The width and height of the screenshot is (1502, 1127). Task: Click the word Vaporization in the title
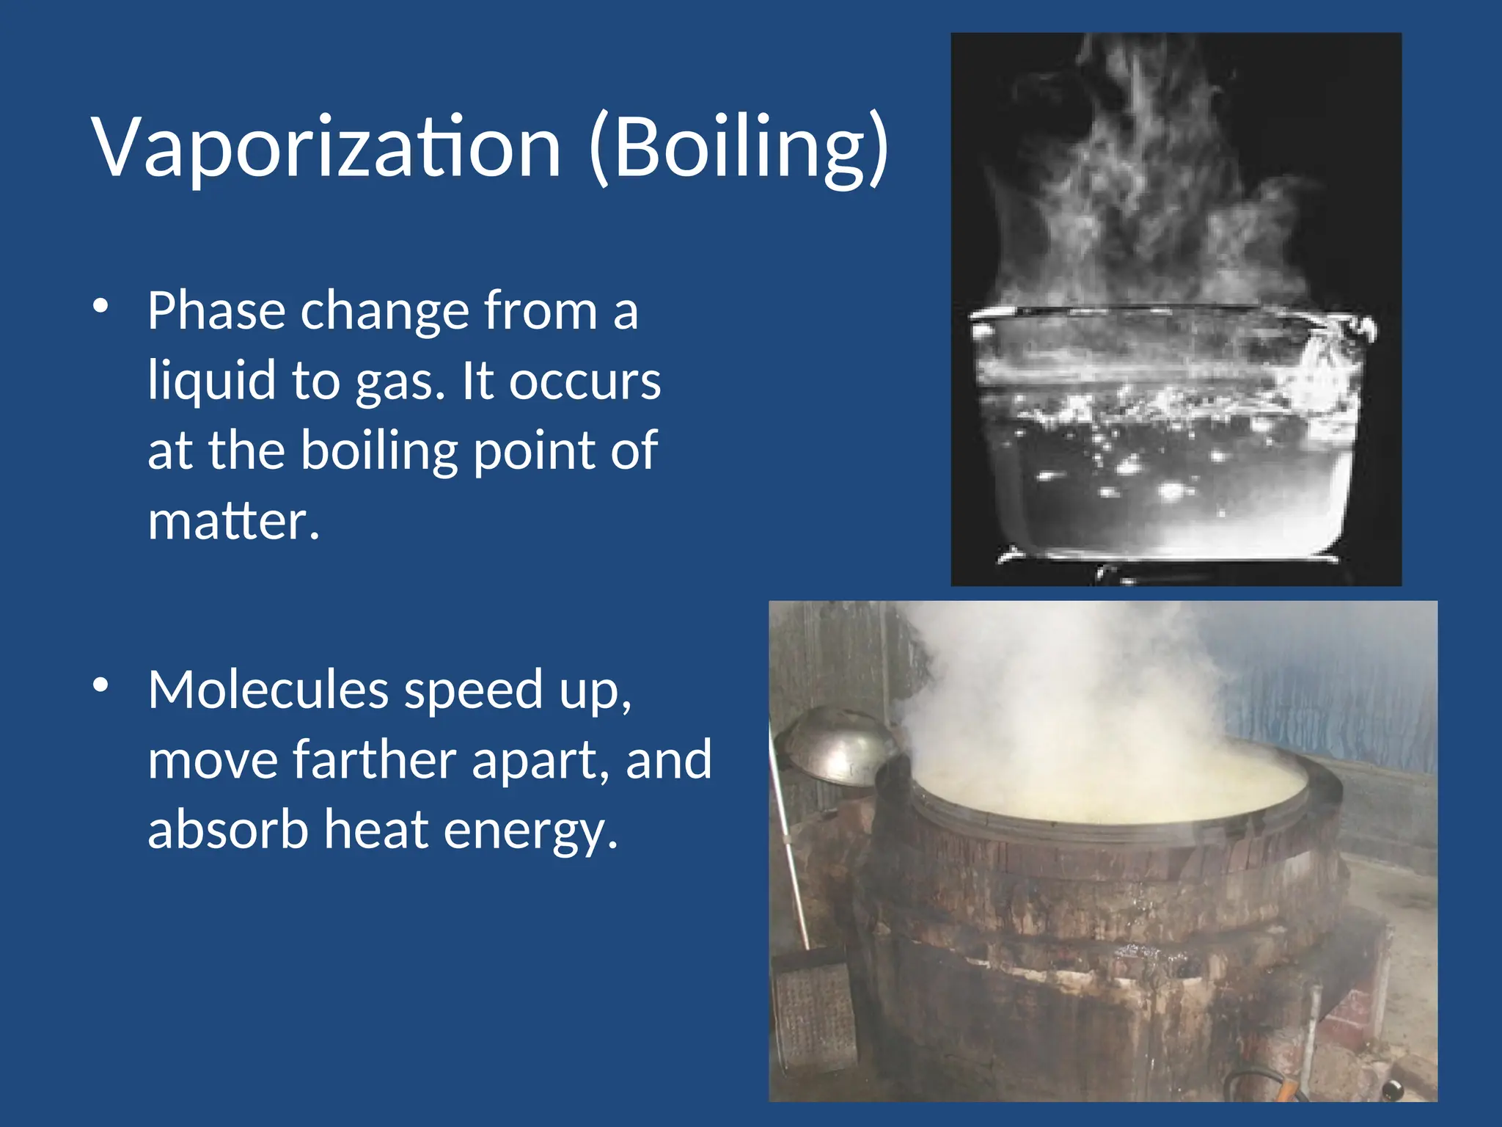[x=326, y=147]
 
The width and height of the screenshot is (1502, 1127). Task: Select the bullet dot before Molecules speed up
[x=101, y=685]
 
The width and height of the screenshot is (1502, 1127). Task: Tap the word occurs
[x=585, y=382]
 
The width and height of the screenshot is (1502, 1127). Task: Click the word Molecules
[x=268, y=690]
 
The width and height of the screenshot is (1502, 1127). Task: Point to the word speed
[x=473, y=691]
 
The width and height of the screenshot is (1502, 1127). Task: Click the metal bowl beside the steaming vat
[x=836, y=745]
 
